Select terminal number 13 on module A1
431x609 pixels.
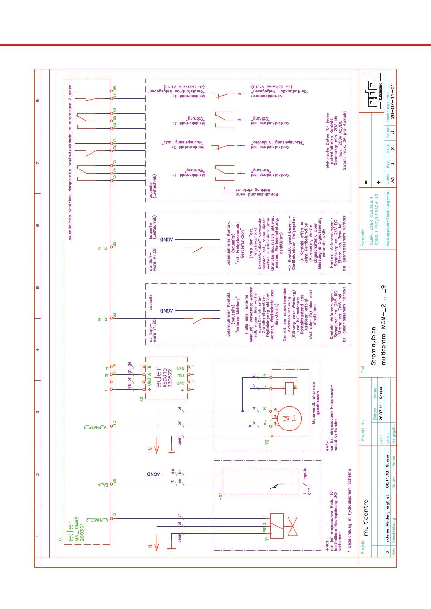(x=115, y=423)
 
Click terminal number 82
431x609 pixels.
(x=115, y=244)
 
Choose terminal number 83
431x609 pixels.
(x=115, y=314)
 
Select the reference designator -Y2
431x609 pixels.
(x=267, y=443)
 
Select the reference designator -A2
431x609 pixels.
(x=142, y=400)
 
